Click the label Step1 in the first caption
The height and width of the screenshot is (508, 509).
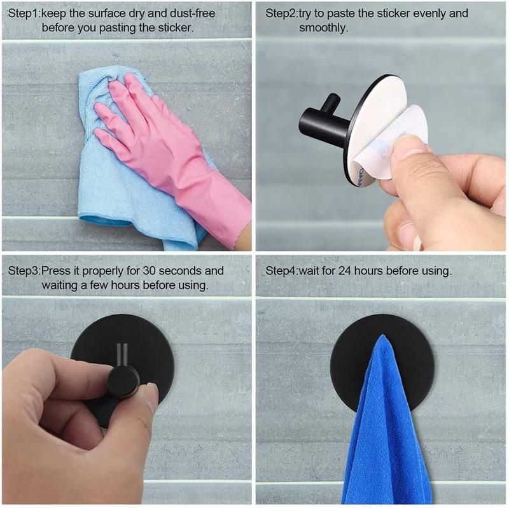pos(24,13)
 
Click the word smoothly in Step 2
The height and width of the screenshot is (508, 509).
pos(324,28)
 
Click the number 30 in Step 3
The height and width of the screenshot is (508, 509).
pos(150,271)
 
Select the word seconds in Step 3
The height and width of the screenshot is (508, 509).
pos(181,271)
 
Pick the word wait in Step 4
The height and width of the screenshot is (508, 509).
pos(310,271)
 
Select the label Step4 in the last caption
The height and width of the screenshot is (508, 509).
pos(281,271)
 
